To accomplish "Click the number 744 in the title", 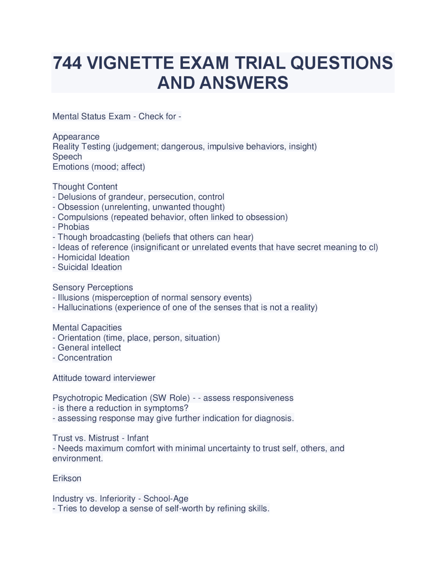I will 67,63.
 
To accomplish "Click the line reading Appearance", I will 76,137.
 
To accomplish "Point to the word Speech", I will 67,157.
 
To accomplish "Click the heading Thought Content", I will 85,187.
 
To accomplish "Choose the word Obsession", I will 78,207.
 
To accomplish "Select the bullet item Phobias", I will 73,227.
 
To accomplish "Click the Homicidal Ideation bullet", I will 93,257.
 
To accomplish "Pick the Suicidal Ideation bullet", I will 90,267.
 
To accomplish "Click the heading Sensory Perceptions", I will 93,287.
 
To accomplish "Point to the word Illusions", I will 74,298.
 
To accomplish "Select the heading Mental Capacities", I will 87,328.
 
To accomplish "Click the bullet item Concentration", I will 85,358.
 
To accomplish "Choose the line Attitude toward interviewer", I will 104,378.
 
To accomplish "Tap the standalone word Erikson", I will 67,478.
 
